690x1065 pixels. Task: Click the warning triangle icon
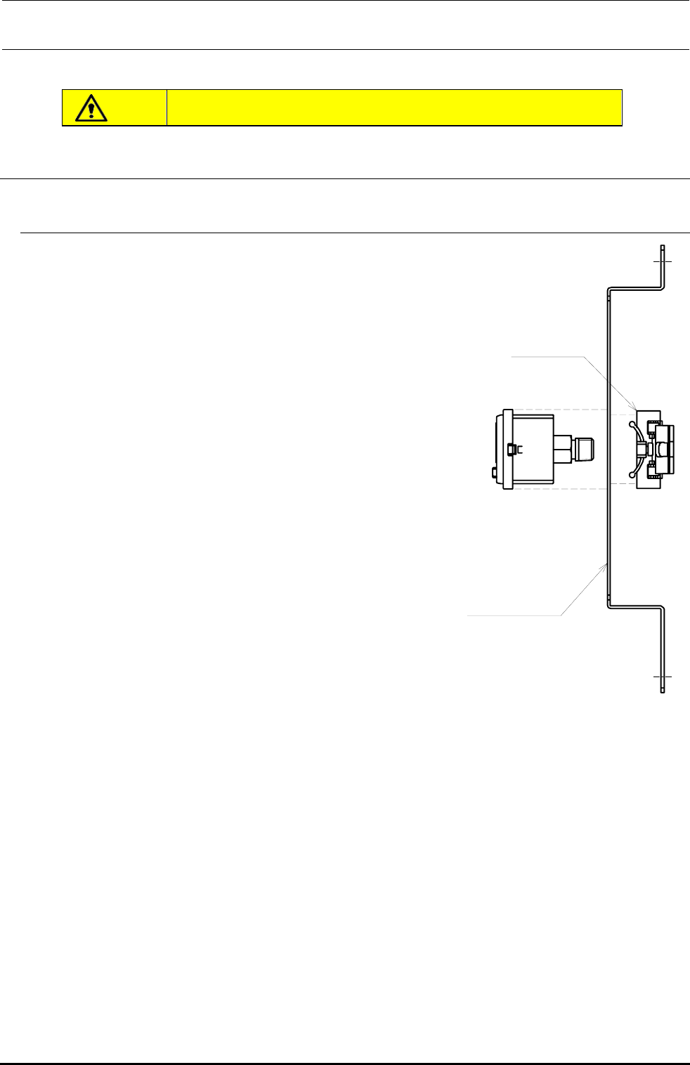click(92, 107)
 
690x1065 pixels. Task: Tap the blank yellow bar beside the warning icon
click(393, 107)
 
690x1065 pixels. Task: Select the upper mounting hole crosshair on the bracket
click(662, 261)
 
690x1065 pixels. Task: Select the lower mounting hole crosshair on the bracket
click(662, 677)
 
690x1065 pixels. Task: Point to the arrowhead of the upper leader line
click(637, 410)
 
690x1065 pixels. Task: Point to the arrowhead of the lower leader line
click(605, 563)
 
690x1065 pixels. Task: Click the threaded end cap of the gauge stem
click(586, 449)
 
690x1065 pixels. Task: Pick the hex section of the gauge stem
click(562, 449)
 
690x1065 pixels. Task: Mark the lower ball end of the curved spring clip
click(632, 475)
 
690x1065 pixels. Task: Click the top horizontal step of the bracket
click(635, 288)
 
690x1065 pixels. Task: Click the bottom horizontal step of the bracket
click(635, 605)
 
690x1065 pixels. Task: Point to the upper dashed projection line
click(576, 410)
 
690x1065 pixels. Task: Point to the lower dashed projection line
click(576, 485)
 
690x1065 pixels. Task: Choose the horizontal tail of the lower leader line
click(513, 615)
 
